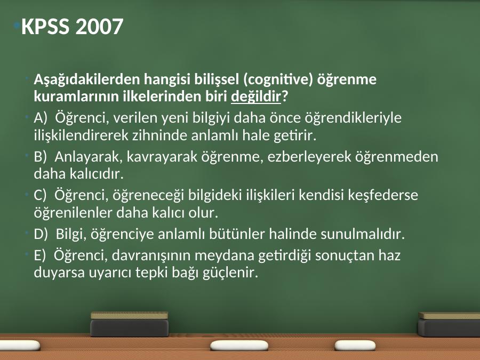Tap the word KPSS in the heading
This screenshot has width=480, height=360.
[x=45, y=26]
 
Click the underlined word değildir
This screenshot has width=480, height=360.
[x=255, y=97]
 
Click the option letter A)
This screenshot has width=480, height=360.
[x=41, y=118]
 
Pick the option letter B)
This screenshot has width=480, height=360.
[x=40, y=156]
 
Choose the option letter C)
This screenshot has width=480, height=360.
[x=40, y=195]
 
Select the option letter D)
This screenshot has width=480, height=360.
[x=41, y=234]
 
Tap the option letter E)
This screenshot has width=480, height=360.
[x=39, y=255]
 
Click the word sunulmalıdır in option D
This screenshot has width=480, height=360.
[x=363, y=234]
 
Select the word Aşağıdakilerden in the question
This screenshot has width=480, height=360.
[x=87, y=79]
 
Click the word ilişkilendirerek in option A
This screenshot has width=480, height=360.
[x=81, y=135]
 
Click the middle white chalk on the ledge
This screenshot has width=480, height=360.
[x=239, y=346]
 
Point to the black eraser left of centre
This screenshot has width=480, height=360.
[x=130, y=324]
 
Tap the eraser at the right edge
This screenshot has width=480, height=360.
[x=449, y=325]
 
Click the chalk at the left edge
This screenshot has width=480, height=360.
[x=20, y=346]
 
